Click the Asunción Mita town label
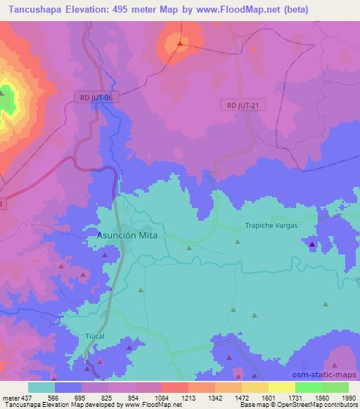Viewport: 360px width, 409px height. point(127,237)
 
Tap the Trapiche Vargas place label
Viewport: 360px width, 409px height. point(271,226)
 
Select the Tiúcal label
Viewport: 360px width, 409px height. point(94,336)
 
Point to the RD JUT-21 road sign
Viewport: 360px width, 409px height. point(243,105)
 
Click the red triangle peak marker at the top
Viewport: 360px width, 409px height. point(180,44)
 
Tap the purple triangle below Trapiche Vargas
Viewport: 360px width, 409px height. point(312,245)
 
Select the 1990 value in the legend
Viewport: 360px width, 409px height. point(347,397)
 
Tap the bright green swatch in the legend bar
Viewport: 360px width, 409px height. point(308,387)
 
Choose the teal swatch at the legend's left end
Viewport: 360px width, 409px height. point(41,387)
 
